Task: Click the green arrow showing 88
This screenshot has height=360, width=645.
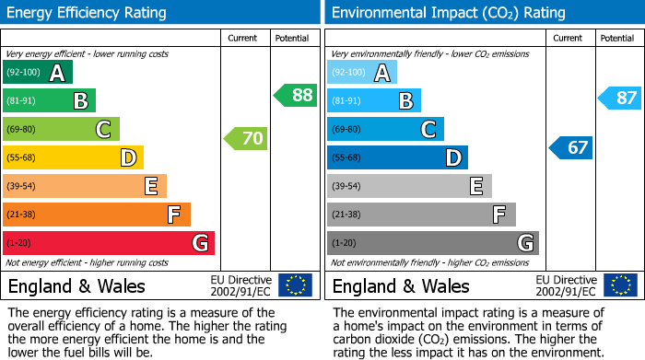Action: coord(295,95)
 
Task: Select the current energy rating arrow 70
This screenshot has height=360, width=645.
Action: coord(246,139)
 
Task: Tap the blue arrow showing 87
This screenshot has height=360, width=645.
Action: coord(619,98)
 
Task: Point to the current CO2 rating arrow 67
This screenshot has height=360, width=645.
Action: coord(571,147)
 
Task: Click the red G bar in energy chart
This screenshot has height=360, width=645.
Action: coord(109,243)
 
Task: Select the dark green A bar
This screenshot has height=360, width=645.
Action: coord(38,73)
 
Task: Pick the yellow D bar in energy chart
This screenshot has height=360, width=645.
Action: coord(73,157)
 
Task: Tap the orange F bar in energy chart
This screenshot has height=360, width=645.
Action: coord(97,215)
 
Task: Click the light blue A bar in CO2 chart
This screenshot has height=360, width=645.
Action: coord(362,73)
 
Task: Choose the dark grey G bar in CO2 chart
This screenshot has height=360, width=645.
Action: coord(433,243)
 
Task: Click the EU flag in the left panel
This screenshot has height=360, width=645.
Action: coord(295,285)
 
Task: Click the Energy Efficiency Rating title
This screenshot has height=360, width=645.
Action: coord(88,13)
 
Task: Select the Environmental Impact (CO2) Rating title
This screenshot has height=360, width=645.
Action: coord(448,13)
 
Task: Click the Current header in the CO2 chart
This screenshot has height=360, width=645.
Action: coord(569,38)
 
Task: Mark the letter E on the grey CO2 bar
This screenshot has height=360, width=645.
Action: coord(476,186)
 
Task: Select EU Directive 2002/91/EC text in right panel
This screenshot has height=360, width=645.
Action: coord(565,285)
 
